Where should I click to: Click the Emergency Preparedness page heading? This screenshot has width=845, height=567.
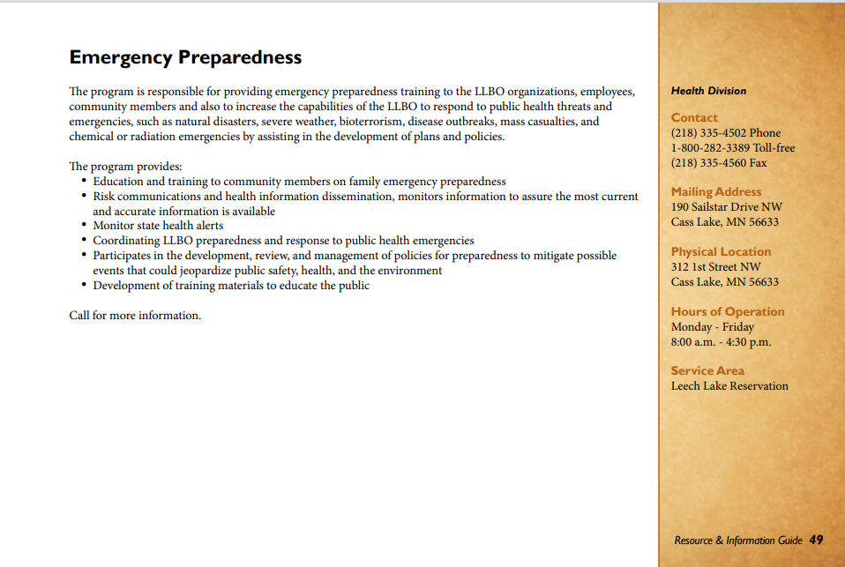185,57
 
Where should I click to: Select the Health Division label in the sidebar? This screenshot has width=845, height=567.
708,91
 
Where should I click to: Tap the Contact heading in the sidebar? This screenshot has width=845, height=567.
694,117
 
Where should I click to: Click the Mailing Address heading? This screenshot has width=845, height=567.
715,191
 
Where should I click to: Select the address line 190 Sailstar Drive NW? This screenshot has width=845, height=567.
726,207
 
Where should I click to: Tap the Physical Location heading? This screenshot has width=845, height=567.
721,251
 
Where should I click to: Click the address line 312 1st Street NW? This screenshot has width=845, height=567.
715,267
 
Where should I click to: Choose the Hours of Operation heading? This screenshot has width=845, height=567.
727,311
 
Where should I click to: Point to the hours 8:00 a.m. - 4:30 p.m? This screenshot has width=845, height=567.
721,342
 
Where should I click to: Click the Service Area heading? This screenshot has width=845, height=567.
707,371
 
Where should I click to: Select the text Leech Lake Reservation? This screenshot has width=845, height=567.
729,386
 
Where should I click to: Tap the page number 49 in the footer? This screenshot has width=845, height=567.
816,540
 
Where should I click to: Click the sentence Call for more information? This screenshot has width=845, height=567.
135,316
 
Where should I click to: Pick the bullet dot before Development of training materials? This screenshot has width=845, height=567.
84,286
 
